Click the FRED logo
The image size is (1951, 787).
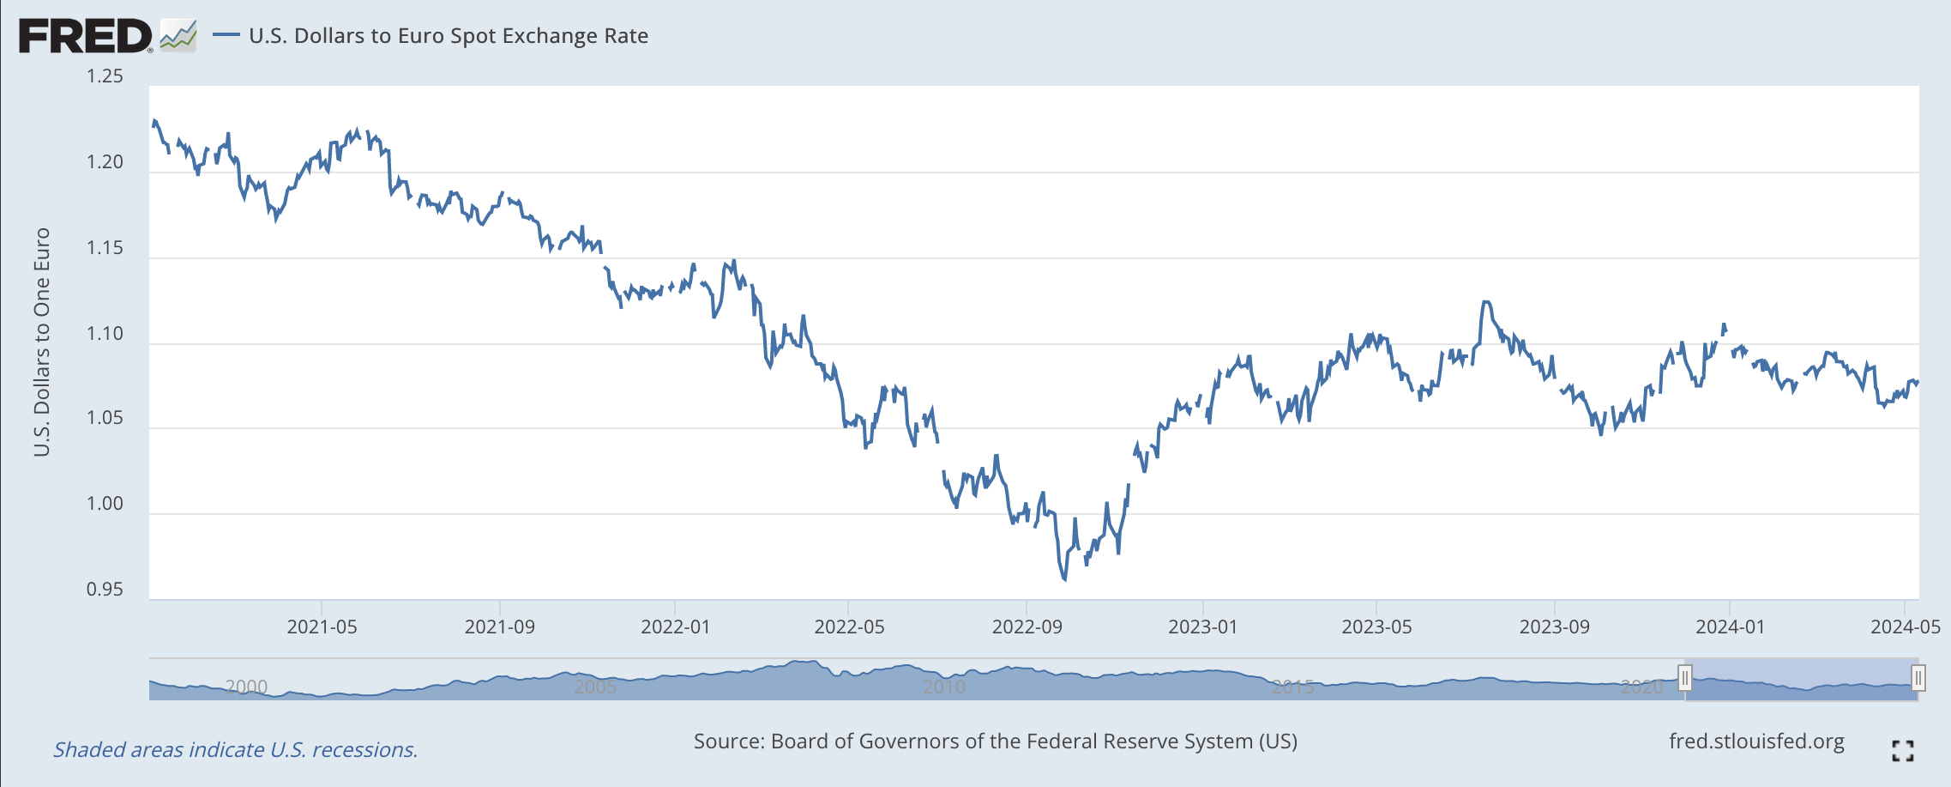86,36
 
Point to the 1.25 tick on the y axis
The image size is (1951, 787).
105,76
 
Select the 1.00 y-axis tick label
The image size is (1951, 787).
105,504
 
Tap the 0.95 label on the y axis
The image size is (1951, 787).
105,590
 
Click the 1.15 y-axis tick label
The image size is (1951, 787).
105,248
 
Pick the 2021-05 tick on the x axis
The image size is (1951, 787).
322,627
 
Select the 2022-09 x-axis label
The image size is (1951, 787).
1027,627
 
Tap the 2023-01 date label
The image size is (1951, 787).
1202,627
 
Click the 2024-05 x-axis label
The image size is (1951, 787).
1905,627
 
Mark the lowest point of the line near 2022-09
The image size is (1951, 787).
1064,580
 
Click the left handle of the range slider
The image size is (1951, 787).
1684,679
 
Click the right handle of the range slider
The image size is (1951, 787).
1918,679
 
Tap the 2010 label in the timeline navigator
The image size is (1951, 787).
943,687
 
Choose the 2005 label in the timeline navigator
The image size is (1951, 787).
594,687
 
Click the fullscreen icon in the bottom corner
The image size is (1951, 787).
1902,751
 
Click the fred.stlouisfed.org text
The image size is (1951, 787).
1755,742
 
